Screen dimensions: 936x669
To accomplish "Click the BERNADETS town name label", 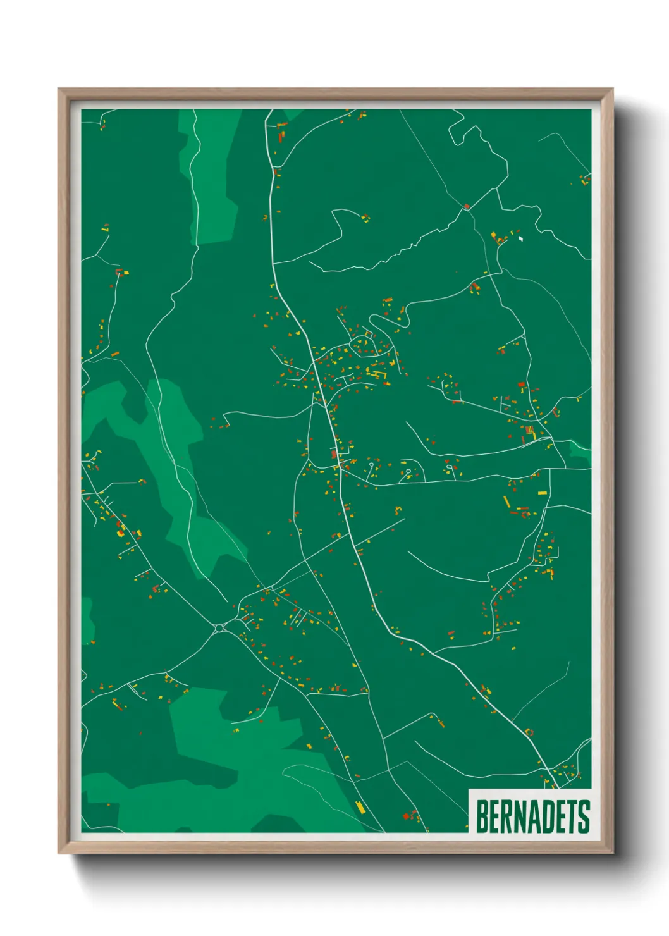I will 532,816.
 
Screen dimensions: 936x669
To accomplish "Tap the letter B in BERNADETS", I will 481,816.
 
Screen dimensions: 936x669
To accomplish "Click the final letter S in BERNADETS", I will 584,816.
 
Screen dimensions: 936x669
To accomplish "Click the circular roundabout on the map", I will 219,628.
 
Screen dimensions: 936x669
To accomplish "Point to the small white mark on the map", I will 520,239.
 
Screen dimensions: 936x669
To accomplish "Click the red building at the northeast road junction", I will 467,206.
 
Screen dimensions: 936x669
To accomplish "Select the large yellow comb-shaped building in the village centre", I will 380,375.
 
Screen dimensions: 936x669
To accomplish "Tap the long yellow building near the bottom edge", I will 360,806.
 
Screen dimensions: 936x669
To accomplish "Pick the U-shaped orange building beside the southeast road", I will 529,732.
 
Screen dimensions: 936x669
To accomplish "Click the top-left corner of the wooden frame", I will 59,89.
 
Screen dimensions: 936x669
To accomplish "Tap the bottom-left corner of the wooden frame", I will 59,853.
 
